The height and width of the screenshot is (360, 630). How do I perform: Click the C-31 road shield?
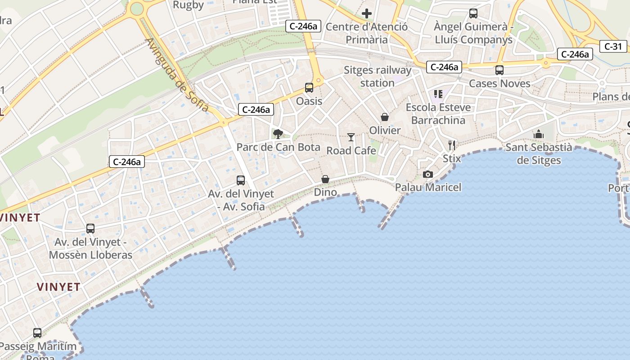click(613, 46)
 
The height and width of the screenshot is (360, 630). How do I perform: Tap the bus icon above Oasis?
click(309, 88)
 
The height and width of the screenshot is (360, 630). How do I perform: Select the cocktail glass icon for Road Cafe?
click(351, 137)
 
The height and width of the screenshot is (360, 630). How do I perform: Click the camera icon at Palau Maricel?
click(427, 174)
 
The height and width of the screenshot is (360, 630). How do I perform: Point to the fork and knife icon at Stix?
click(452, 145)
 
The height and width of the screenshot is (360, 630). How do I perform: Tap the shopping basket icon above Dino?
click(325, 180)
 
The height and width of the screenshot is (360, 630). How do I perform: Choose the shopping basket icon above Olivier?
click(385, 117)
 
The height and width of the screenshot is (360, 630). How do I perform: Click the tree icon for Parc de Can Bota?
click(278, 134)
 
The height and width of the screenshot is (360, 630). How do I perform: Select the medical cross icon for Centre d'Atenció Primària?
click(367, 13)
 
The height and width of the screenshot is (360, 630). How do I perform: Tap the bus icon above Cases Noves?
click(499, 70)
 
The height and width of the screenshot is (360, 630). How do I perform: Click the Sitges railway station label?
click(378, 76)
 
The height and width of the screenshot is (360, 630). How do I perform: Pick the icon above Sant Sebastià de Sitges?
click(538, 134)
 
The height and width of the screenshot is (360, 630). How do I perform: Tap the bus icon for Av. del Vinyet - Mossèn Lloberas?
click(90, 229)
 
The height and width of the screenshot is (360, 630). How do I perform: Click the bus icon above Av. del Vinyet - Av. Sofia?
click(241, 180)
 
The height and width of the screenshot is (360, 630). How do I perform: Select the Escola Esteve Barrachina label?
click(438, 114)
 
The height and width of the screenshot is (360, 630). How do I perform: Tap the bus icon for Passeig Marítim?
click(37, 333)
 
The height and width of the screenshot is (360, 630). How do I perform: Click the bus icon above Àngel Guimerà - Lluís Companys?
click(473, 13)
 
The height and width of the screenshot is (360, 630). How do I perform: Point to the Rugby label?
click(189, 5)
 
